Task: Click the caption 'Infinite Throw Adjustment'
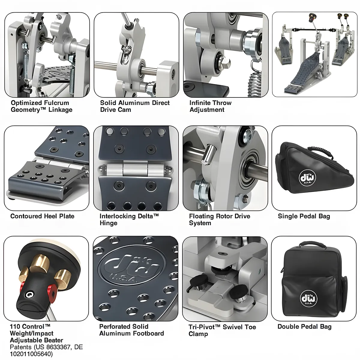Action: click(210, 106)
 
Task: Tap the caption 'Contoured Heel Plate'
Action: click(42, 216)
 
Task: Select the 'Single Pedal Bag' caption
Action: click(304, 216)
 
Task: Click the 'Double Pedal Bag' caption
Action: click(304, 327)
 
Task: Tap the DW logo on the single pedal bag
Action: click(307, 178)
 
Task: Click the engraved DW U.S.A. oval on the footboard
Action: click(132, 265)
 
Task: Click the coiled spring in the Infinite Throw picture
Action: click(256, 84)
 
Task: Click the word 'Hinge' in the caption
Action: click(108, 223)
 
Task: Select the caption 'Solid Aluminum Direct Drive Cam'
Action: click(135, 106)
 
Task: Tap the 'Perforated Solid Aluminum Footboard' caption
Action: click(131, 330)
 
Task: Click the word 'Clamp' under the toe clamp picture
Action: click(198, 334)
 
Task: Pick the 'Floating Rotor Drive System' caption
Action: click(220, 220)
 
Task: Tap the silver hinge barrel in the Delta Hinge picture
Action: click(136, 169)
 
